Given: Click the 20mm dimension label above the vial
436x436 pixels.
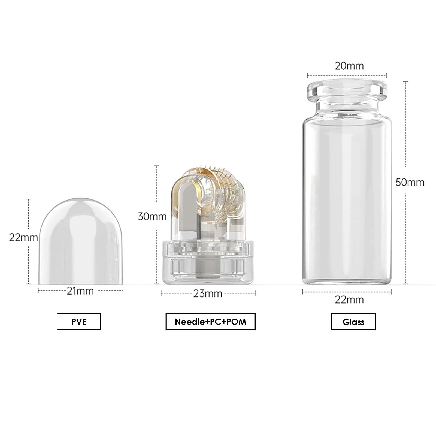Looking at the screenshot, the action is pos(349,66).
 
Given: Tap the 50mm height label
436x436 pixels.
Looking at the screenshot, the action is pos(410,182).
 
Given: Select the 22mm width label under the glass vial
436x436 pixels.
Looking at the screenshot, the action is pos(349,300).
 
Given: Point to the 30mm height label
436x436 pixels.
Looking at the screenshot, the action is pos(152,217).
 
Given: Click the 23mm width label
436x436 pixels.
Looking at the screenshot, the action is pos(208,293).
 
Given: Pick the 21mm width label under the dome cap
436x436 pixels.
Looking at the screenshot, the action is pos(80,291).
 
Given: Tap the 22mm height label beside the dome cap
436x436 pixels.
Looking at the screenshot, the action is pos(23,238).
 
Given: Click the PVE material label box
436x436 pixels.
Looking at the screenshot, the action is pos(79,322).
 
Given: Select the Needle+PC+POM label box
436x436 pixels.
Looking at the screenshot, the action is pos(210,322).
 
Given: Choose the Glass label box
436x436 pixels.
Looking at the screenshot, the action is pos(353,322).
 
